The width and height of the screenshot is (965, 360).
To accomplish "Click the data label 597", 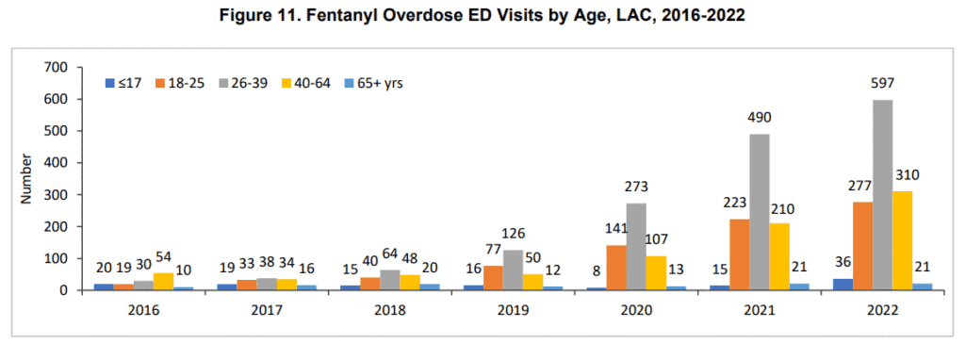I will click(882, 87).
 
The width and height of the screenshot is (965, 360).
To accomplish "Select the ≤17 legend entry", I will click(123, 82).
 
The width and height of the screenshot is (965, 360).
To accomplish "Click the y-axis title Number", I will click(27, 179).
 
